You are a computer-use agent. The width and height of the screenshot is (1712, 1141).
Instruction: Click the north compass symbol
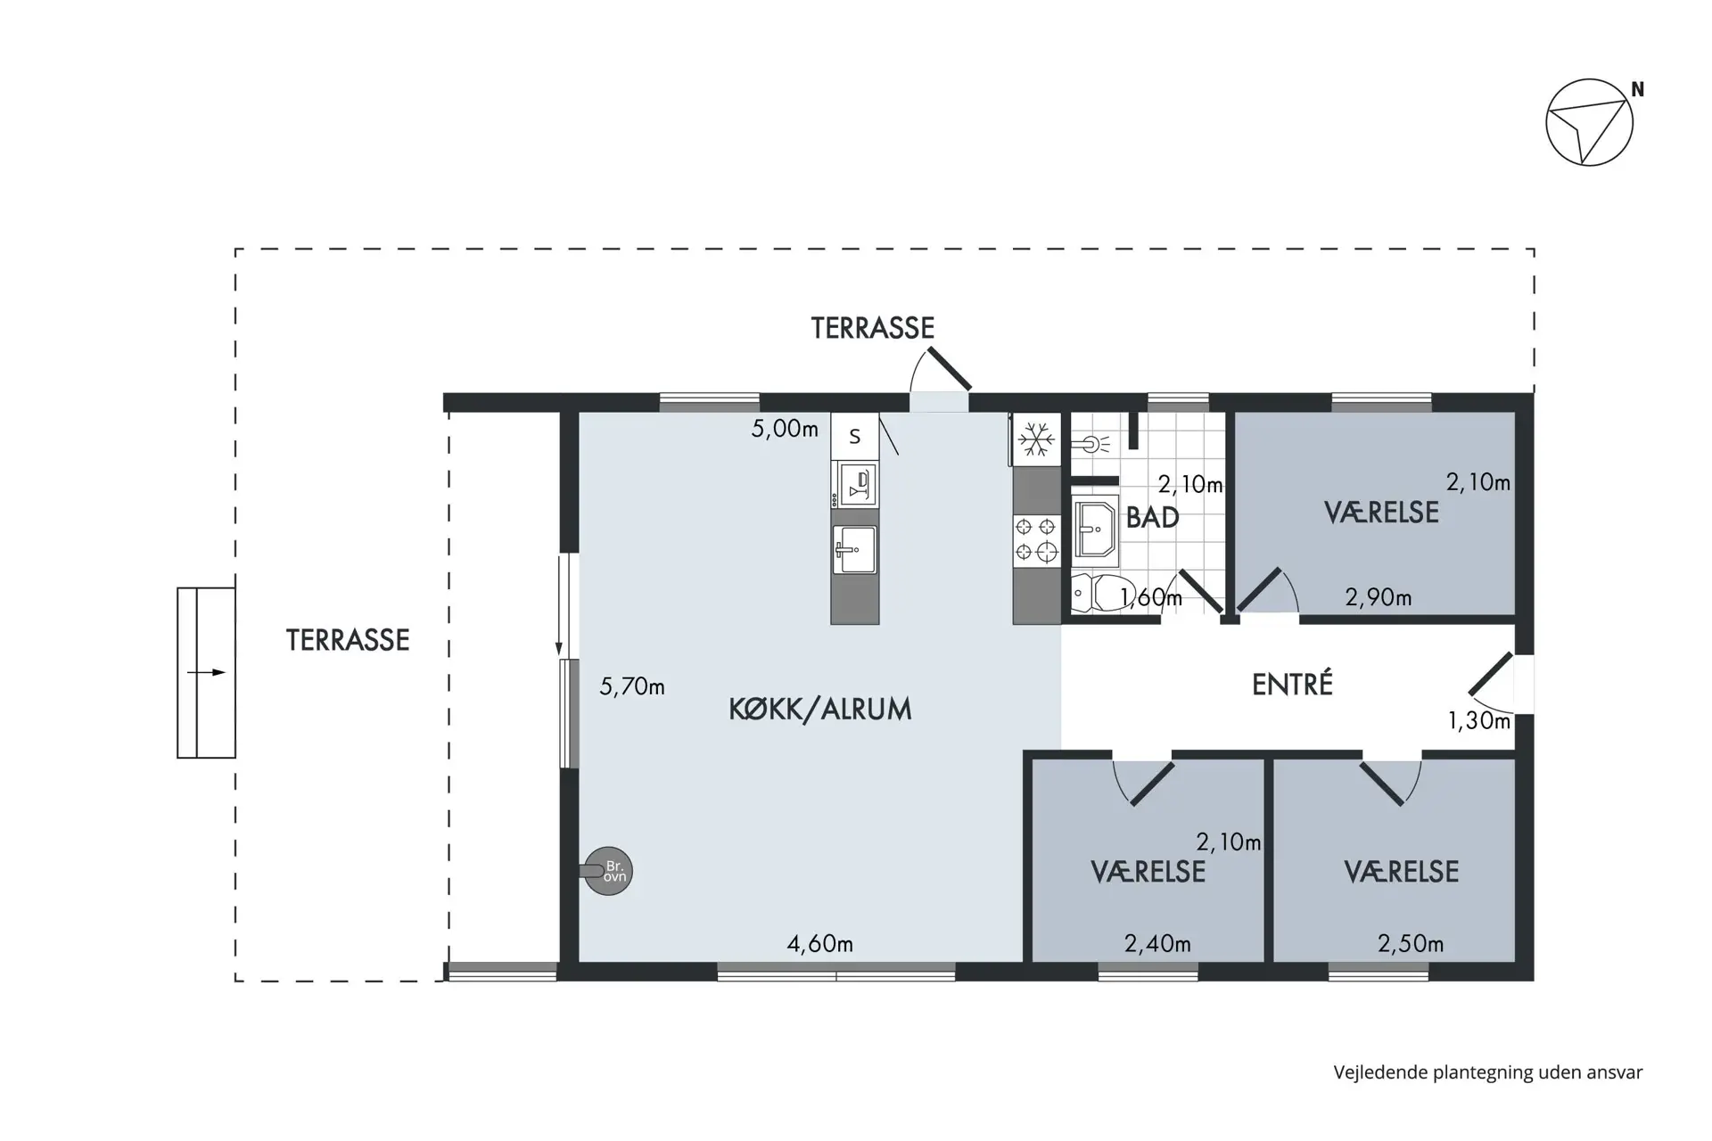pyautogui.click(x=1589, y=122)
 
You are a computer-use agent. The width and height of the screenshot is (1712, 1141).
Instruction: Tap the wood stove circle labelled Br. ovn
pyautogui.click(x=609, y=871)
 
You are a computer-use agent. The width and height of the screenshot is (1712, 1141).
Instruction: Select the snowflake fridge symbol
pyautogui.click(x=1037, y=439)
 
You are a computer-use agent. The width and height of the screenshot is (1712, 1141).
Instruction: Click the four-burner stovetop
pyautogui.click(x=1036, y=540)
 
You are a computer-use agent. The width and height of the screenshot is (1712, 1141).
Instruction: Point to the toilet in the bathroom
pyautogui.click(x=1104, y=593)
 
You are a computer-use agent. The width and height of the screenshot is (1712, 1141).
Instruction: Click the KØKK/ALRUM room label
pyautogui.click(x=820, y=710)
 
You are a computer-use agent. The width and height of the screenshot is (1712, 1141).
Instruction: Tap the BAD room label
pyautogui.click(x=1153, y=518)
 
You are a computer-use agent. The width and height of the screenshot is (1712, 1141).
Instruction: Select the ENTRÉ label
pyautogui.click(x=1293, y=684)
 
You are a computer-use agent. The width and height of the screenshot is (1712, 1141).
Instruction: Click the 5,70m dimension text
pyautogui.click(x=632, y=686)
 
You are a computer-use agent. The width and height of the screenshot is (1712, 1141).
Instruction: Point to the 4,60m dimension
pyautogui.click(x=820, y=943)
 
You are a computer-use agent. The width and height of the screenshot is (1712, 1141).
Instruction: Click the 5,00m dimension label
pyautogui.click(x=785, y=429)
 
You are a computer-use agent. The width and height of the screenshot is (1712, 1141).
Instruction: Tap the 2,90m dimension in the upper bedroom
pyautogui.click(x=1379, y=597)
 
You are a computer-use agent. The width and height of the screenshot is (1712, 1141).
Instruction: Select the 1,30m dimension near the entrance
pyautogui.click(x=1479, y=720)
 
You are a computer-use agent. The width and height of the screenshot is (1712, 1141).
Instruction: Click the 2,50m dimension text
pyautogui.click(x=1411, y=943)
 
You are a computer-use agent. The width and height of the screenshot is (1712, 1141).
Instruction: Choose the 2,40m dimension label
pyautogui.click(x=1157, y=943)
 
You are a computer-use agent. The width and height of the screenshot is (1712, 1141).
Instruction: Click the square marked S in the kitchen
pyautogui.click(x=855, y=436)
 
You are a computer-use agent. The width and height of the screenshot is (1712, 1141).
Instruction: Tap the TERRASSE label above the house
pyautogui.click(x=873, y=328)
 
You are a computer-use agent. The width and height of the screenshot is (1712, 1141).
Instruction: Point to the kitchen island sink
pyautogui.click(x=855, y=550)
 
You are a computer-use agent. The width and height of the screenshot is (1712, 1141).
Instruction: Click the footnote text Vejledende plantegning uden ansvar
pyautogui.click(x=1488, y=1072)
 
